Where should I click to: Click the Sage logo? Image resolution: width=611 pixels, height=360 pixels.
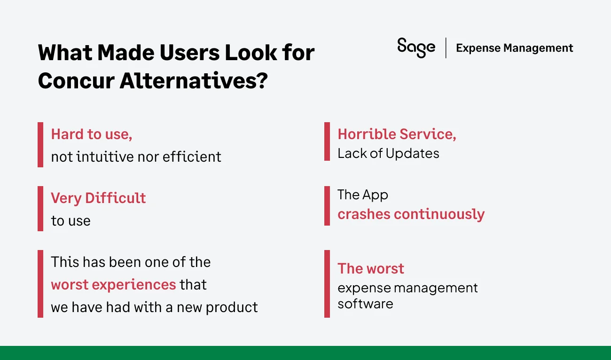pyautogui.click(x=416, y=47)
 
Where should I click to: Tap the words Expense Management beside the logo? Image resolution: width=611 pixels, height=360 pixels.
pyautogui.click(x=514, y=48)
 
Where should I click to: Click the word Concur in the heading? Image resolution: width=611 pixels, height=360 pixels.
pyautogui.click(x=75, y=81)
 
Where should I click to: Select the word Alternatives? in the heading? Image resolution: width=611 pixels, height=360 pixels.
pyautogui.click(x=193, y=81)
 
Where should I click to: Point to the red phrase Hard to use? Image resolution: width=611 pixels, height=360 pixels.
pyautogui.click(x=92, y=134)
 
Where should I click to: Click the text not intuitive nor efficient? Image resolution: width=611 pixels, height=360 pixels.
pyautogui.click(x=136, y=157)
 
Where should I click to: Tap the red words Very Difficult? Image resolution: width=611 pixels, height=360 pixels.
pyautogui.click(x=98, y=198)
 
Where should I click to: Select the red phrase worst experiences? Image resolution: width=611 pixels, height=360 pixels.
pyautogui.click(x=113, y=285)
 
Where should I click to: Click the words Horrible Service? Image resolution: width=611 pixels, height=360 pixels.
pyautogui.click(x=397, y=134)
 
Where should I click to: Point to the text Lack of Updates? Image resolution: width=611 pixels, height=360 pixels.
pyautogui.click(x=388, y=154)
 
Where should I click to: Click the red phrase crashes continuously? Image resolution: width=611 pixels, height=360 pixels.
pyautogui.click(x=411, y=214)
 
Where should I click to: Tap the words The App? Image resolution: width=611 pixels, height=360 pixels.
pyautogui.click(x=362, y=195)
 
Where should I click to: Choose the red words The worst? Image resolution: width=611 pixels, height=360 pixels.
pyautogui.click(x=370, y=269)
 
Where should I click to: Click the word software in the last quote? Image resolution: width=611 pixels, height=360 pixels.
pyautogui.click(x=365, y=304)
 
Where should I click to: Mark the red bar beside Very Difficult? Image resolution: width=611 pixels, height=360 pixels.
pyautogui.click(x=40, y=209)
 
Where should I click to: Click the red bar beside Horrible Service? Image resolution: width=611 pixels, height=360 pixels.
pyautogui.click(x=327, y=141)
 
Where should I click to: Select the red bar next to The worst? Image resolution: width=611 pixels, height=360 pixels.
pyautogui.click(x=327, y=284)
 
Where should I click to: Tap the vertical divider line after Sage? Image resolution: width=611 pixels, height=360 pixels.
pyautogui.click(x=446, y=48)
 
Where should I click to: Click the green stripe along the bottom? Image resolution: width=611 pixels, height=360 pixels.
pyautogui.click(x=305, y=353)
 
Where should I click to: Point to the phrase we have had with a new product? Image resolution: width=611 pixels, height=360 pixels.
pyautogui.click(x=154, y=307)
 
